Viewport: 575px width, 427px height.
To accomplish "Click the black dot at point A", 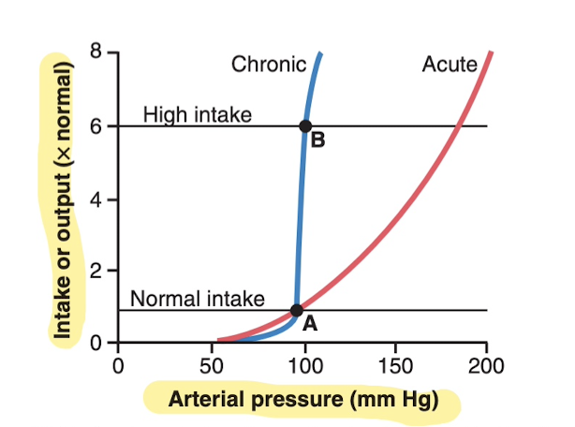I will [x=297, y=310].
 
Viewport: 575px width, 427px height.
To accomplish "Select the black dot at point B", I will [x=304, y=125].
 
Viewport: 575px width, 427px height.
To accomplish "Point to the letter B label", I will [x=317, y=142].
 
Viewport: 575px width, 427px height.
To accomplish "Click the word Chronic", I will [x=269, y=65].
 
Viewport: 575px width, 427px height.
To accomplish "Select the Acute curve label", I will [x=450, y=65].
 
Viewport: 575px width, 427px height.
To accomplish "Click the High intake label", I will [x=198, y=115].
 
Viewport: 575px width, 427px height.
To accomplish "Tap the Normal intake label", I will [x=198, y=299].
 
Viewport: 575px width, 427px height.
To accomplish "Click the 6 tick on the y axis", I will [x=97, y=125].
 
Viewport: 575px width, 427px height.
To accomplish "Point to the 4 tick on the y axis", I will [x=97, y=199].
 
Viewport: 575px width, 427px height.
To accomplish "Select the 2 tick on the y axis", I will [x=97, y=271].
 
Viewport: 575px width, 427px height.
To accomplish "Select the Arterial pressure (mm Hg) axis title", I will [x=302, y=399].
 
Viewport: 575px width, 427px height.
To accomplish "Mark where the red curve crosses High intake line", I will [x=457, y=125].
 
